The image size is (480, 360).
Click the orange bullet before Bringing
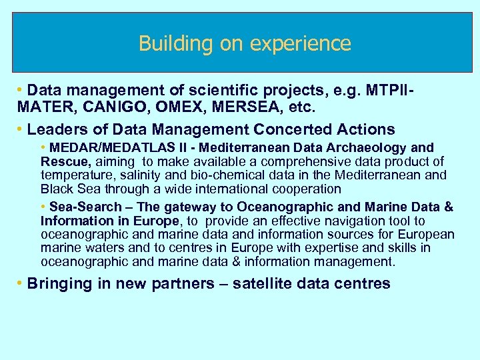[21, 283]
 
